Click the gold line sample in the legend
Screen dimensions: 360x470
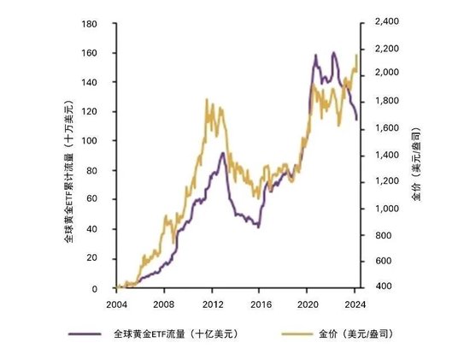click(x=295, y=332)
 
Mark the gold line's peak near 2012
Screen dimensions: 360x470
click(x=207, y=99)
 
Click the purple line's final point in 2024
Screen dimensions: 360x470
click(x=357, y=120)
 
